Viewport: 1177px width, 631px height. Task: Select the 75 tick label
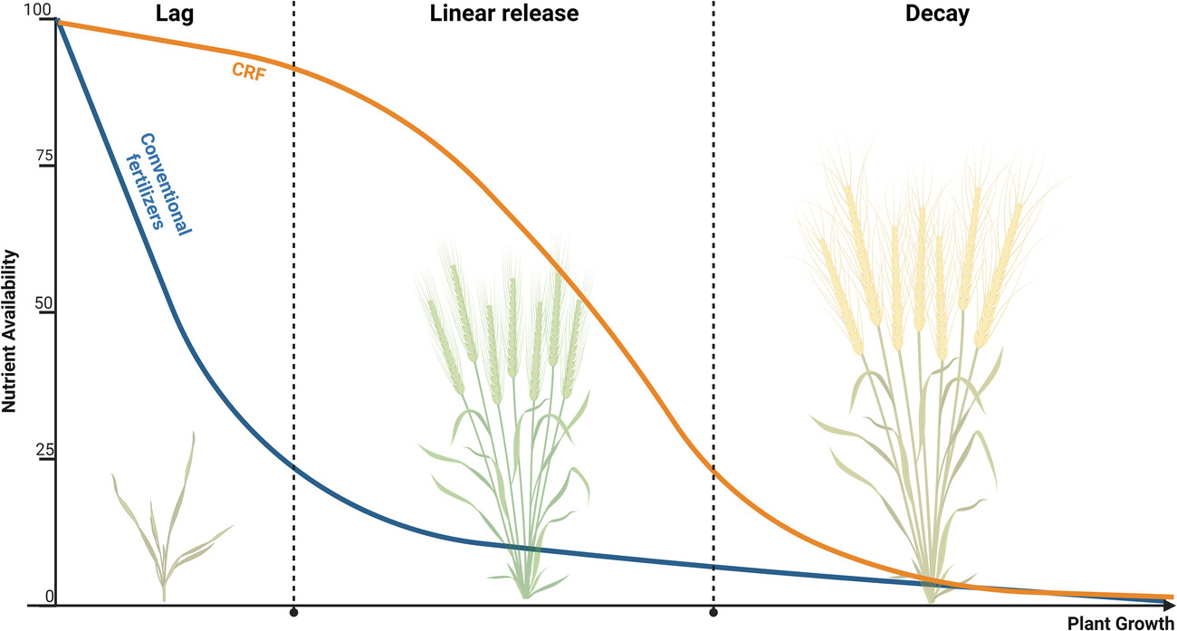(44, 158)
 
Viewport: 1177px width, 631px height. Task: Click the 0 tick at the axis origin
(50, 595)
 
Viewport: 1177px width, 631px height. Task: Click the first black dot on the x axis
(293, 613)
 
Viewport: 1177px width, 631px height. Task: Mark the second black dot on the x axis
(713, 613)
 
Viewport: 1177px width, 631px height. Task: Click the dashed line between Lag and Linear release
(293, 272)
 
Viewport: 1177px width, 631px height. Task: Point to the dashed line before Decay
(713, 272)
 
